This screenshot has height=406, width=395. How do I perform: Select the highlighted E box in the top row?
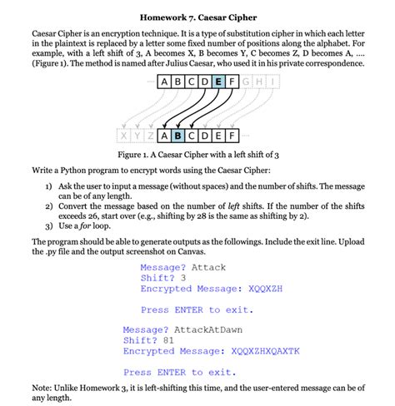click(x=218, y=82)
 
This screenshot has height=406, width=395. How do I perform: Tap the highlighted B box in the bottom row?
click(x=177, y=135)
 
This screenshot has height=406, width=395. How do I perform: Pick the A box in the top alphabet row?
click(x=158, y=82)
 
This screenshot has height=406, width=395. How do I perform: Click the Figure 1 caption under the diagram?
click(x=197, y=155)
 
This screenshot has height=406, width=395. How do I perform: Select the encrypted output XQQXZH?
click(x=266, y=289)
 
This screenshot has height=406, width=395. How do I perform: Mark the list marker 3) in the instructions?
click(x=49, y=225)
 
